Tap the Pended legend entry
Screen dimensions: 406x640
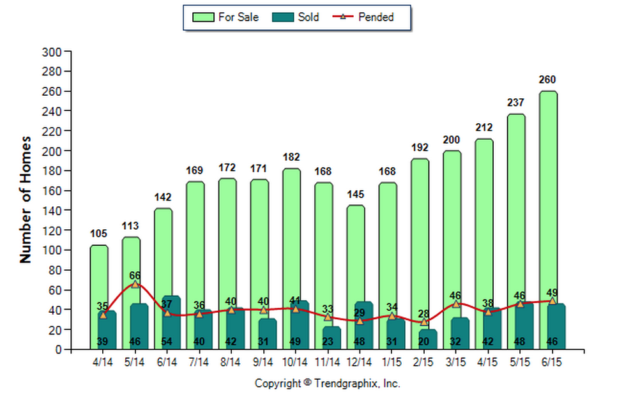pos(365,17)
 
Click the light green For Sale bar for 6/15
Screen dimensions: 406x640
pos(548,192)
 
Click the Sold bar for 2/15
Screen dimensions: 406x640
pos(429,340)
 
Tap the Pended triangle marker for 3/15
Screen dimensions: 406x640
pos(456,304)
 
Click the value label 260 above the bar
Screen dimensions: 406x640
pos(548,80)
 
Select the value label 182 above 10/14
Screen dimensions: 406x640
pos(291,157)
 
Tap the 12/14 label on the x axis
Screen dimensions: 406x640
pos(359,362)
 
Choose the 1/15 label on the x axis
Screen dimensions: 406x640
pos(392,362)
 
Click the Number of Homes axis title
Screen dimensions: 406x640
pos(26,199)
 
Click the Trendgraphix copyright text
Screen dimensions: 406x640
pos(328,384)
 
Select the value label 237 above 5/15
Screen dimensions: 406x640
pos(516,103)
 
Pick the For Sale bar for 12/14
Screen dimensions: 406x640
pos(356,255)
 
